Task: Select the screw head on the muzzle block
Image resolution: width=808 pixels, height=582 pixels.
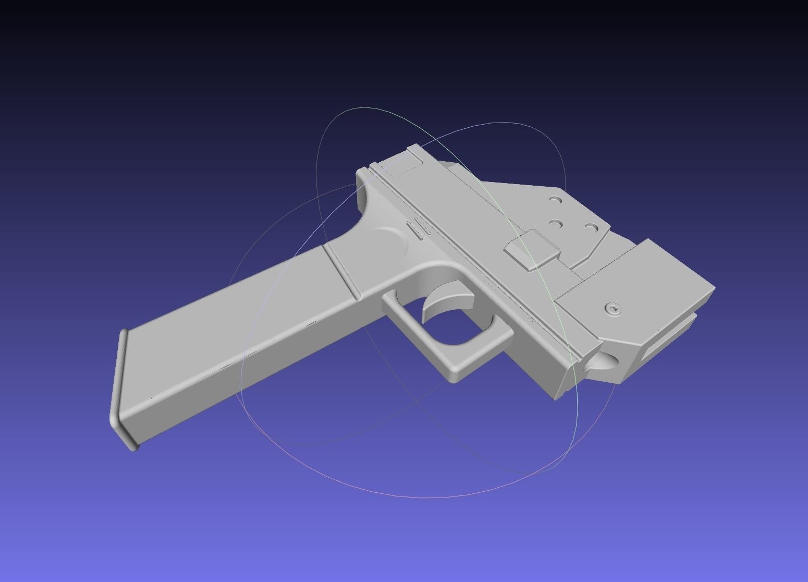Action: pyautogui.click(x=614, y=309)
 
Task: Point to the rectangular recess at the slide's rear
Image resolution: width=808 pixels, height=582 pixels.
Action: pyautogui.click(x=402, y=166)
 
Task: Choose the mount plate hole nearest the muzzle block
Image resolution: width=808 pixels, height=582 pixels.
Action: pyautogui.click(x=591, y=228)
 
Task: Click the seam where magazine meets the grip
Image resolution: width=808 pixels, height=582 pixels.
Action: pyautogui.click(x=341, y=271)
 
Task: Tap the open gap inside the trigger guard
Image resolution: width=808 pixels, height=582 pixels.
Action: pyautogui.click(x=459, y=329)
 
